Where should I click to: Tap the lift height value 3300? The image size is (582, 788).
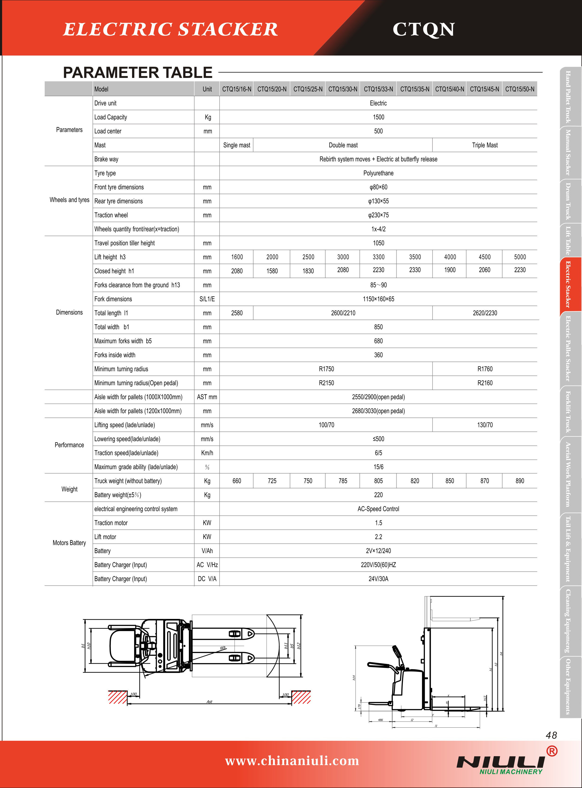(378, 257)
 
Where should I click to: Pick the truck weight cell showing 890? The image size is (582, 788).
(520, 481)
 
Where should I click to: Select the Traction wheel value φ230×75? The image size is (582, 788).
(378, 215)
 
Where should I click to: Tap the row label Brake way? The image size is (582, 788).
(106, 159)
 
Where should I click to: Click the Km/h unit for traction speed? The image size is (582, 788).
(207, 453)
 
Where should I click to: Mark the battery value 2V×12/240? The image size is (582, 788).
(378, 551)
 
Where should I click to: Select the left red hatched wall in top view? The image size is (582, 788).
(118, 697)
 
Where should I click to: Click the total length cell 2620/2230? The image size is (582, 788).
(485, 313)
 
